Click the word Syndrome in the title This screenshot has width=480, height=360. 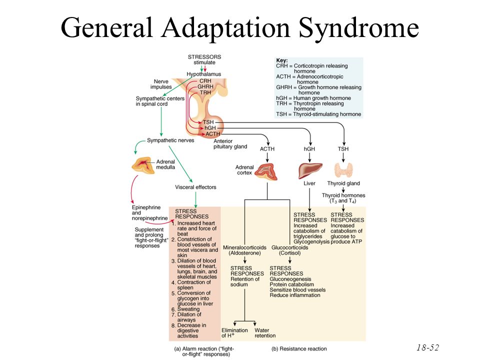click(x=358, y=28)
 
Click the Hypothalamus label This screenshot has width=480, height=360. click(x=203, y=74)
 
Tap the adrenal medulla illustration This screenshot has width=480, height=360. click(x=143, y=165)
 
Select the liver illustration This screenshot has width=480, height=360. click(x=310, y=170)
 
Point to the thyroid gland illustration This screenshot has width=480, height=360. click(x=343, y=170)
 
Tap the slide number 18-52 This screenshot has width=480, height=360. click(x=427, y=347)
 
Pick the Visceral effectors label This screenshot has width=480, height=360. click(x=195, y=187)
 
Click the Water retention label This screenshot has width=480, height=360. click(x=265, y=333)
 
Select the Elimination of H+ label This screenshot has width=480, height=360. click(x=234, y=333)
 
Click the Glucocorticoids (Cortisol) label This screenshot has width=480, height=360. click(x=289, y=250)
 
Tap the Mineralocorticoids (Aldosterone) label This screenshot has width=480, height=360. click(x=244, y=250)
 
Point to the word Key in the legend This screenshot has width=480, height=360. click(x=281, y=60)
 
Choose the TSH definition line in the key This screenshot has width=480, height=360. click(x=318, y=114)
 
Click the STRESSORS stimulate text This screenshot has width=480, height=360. click(x=204, y=59)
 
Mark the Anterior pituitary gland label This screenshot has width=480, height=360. click(x=230, y=144)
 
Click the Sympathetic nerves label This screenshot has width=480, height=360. click(x=170, y=140)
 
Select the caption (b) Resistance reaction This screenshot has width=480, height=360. click(x=299, y=348)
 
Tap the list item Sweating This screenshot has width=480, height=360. click(x=188, y=309)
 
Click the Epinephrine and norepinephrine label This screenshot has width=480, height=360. click(x=149, y=213)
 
